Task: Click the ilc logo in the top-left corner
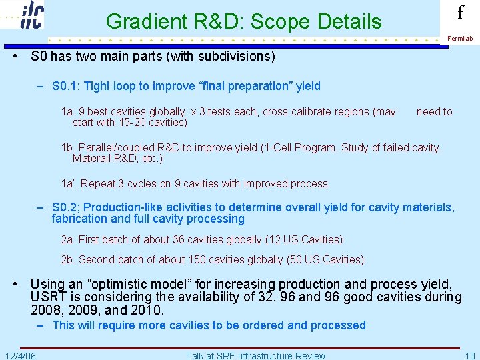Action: [32, 15]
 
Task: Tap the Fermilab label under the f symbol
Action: [460, 39]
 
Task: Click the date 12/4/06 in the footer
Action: [20, 355]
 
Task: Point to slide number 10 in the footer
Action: [469, 355]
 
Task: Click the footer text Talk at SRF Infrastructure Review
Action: [256, 355]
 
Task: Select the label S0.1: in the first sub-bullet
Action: [66, 86]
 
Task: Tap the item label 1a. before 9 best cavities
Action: [68, 112]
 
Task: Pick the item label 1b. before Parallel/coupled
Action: [68, 148]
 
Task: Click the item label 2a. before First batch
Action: [68, 240]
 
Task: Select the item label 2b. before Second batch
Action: [68, 260]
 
